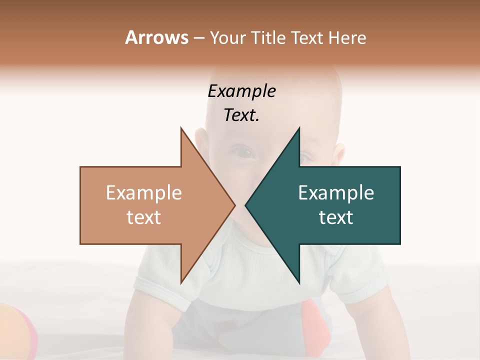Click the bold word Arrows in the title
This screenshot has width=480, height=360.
coord(156,37)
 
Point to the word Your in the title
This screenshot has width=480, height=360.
coord(227,38)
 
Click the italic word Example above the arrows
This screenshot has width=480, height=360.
coord(241,91)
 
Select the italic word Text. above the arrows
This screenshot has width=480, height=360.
coord(241,115)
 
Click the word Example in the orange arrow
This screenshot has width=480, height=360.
coord(143,193)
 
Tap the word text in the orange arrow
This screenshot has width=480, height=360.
coord(143,217)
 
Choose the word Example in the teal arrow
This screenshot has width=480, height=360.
coord(336,193)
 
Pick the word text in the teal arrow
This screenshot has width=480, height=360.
coord(336,217)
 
